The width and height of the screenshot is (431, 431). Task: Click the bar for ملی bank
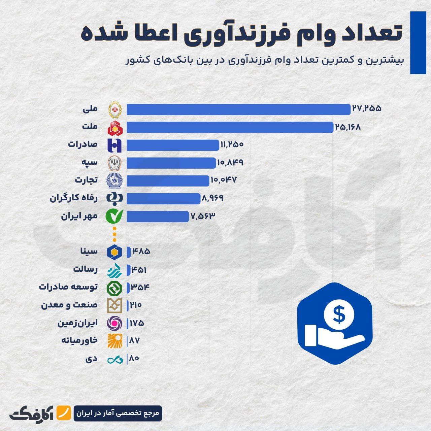coord(238,109)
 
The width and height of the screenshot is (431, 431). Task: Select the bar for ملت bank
coord(230,127)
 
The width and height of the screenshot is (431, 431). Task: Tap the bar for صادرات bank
coord(173,145)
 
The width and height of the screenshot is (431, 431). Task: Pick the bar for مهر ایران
coord(158,216)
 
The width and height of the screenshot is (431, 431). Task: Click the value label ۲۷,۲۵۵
coord(367,109)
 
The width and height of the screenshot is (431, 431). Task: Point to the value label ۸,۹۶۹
coord(212,198)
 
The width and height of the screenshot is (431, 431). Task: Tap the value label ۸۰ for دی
coord(134,359)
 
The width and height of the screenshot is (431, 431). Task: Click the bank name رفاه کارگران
coord(74,198)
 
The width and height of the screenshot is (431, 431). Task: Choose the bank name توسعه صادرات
coord(68,287)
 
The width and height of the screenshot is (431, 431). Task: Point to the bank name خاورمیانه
coord(79,340)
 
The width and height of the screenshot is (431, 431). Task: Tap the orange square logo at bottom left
coord(63,413)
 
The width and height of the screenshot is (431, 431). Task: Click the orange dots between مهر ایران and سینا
coord(114,234)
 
